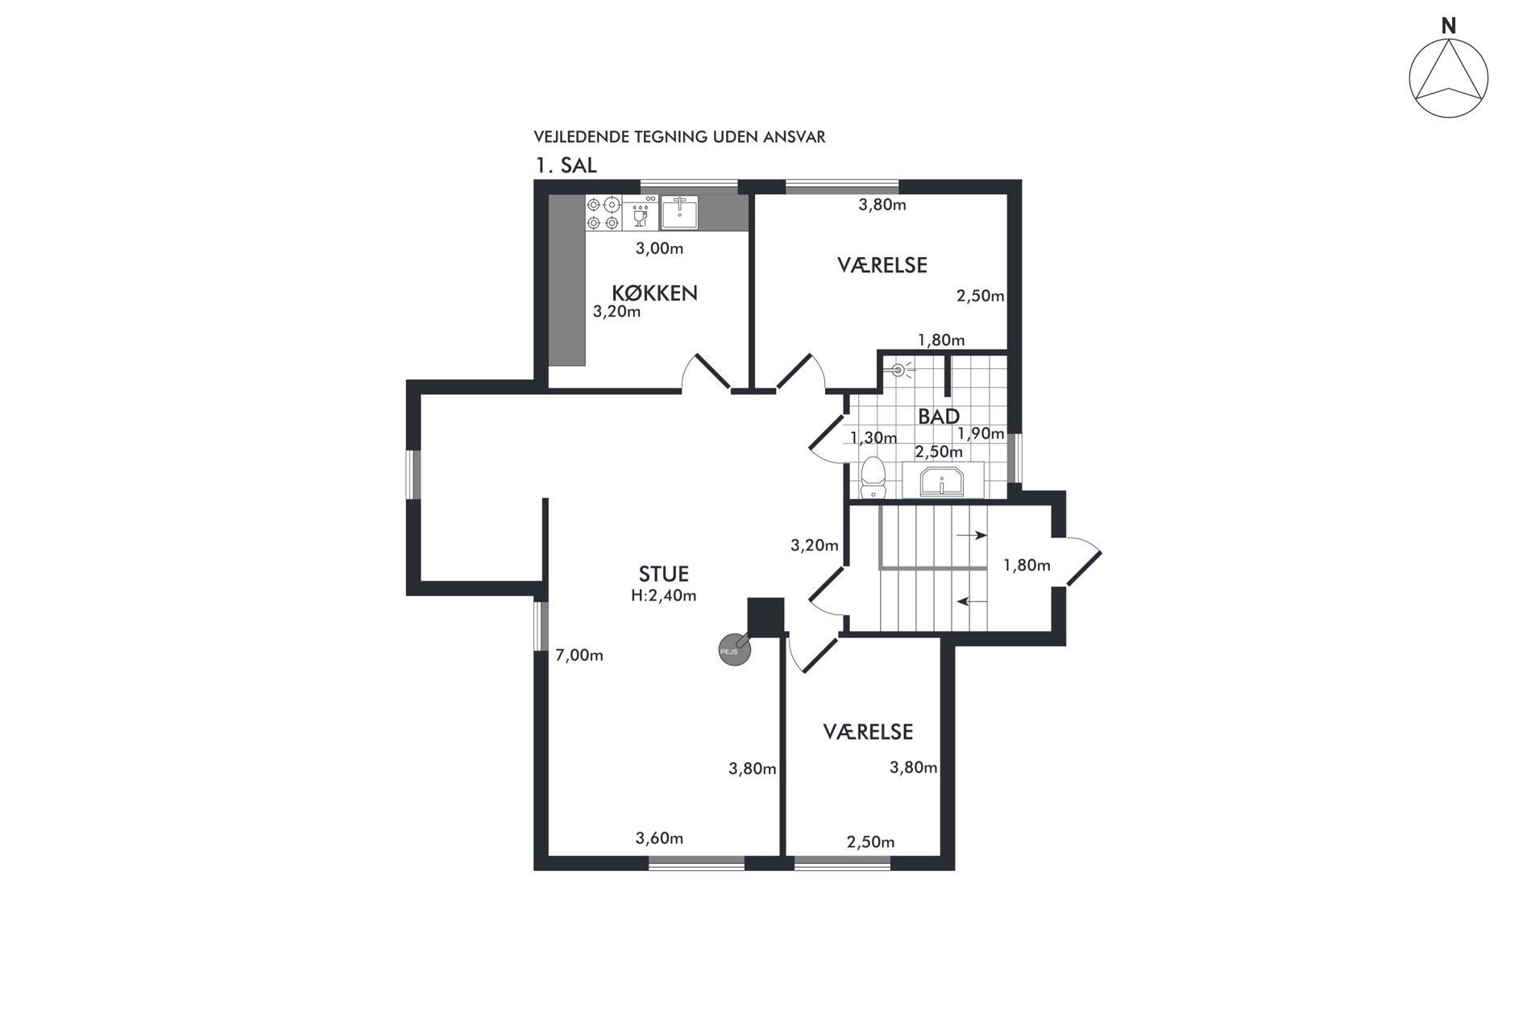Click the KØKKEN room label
[654, 293]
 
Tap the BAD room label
[939, 417]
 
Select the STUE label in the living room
[664, 575]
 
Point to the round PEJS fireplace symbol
[733, 650]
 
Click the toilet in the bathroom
[873, 478]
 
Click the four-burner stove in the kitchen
[604, 213]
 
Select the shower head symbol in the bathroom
[900, 370]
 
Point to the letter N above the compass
[1449, 26]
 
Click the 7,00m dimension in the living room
[579, 656]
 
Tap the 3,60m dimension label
[659, 839]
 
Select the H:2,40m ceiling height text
[664, 596]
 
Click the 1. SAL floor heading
[566, 166]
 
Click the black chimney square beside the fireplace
[765, 617]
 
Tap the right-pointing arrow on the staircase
[971, 534]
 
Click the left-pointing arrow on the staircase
[972, 600]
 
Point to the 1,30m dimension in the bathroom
[873, 438]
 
